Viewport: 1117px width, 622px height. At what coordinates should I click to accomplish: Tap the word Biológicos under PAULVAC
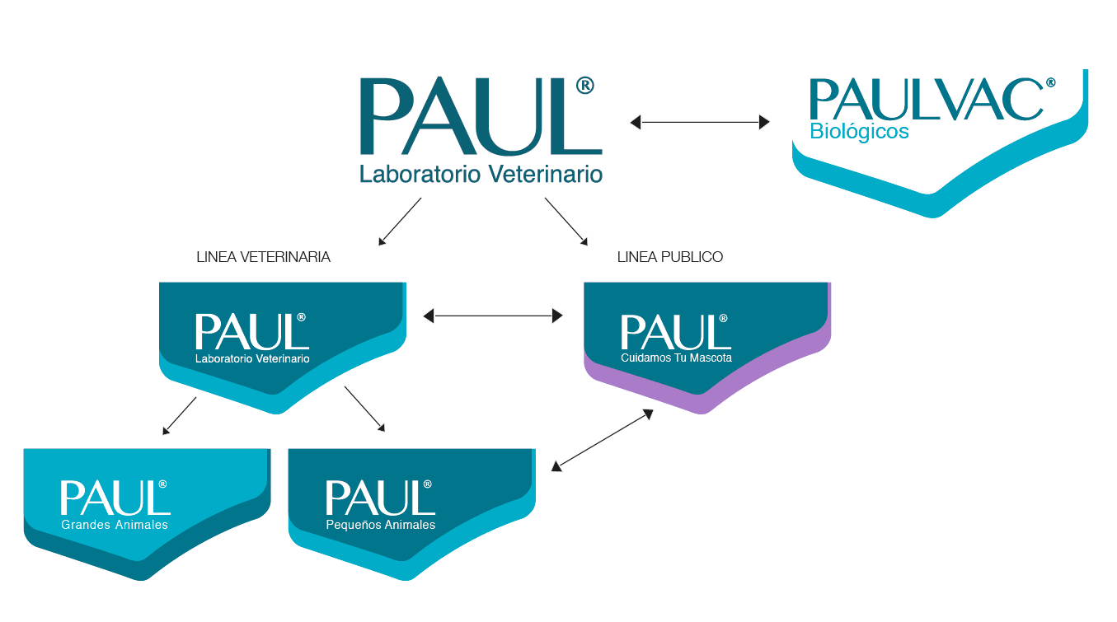coord(859,132)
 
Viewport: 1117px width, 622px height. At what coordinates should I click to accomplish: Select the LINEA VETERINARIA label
coord(263,257)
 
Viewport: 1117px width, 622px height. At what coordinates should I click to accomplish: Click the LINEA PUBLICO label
coord(669,257)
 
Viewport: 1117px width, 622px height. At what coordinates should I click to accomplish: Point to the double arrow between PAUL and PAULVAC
coord(699,122)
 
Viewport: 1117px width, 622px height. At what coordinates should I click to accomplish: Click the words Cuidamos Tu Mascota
coord(676,358)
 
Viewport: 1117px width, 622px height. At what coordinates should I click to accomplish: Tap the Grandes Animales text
coord(115,525)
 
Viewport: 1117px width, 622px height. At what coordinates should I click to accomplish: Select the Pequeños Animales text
coord(380,525)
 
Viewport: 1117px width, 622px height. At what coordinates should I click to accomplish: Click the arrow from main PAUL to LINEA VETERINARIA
coord(400,221)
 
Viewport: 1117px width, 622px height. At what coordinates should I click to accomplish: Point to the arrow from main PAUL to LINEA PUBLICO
coord(566,221)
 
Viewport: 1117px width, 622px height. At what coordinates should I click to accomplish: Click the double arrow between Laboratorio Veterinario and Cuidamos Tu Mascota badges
coord(493,315)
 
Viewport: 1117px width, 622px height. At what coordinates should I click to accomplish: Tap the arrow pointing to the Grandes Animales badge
coord(180,415)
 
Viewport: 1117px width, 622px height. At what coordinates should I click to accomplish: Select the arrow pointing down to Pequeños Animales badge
coord(364,409)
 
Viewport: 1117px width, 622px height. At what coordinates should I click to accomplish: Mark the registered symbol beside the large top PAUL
coord(584,85)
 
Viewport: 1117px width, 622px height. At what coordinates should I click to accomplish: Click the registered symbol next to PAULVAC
coord(1050,83)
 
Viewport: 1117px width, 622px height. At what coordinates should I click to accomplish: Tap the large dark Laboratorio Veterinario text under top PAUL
coord(481,174)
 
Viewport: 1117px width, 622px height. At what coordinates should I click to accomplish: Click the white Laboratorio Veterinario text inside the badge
coord(252,359)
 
